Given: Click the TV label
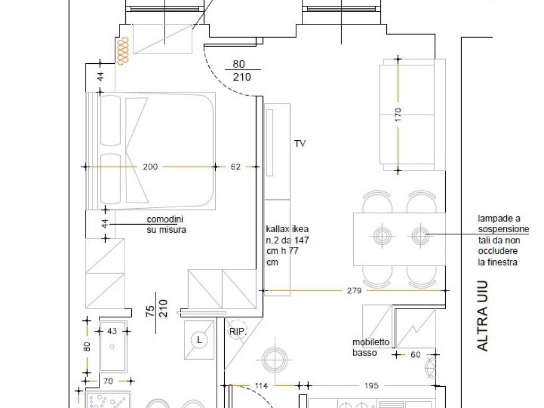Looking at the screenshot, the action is (300, 143).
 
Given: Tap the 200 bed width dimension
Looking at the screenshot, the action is (150, 167).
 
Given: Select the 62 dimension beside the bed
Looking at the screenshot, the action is (235, 167).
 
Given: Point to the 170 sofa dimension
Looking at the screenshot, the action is (398, 115).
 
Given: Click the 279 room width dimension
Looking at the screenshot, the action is (354, 291).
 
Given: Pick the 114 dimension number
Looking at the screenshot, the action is (261, 386).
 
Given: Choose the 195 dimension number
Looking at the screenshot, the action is (371, 386).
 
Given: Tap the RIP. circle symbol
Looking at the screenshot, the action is (237, 331).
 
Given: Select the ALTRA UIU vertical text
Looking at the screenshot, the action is (482, 316).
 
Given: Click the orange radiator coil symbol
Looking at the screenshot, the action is (123, 51).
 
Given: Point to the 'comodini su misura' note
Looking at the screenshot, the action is (166, 225).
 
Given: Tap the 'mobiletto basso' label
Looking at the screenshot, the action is (370, 347).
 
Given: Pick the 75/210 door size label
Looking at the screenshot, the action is (157, 309).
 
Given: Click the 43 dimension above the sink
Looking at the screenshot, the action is (112, 331).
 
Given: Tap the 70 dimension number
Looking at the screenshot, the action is (108, 381).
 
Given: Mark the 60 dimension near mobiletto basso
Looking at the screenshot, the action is (415, 354).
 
